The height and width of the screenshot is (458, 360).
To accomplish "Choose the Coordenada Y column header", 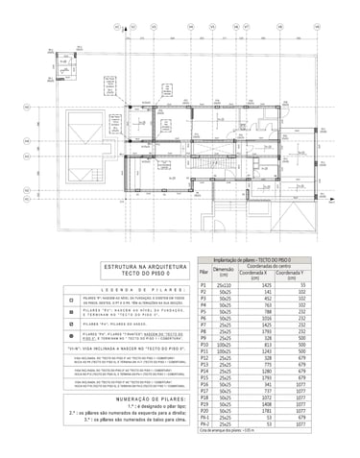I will coord(300,275).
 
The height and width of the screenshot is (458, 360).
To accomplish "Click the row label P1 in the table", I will coord(203,285).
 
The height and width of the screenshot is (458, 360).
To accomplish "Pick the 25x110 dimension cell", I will coord(224,285).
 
